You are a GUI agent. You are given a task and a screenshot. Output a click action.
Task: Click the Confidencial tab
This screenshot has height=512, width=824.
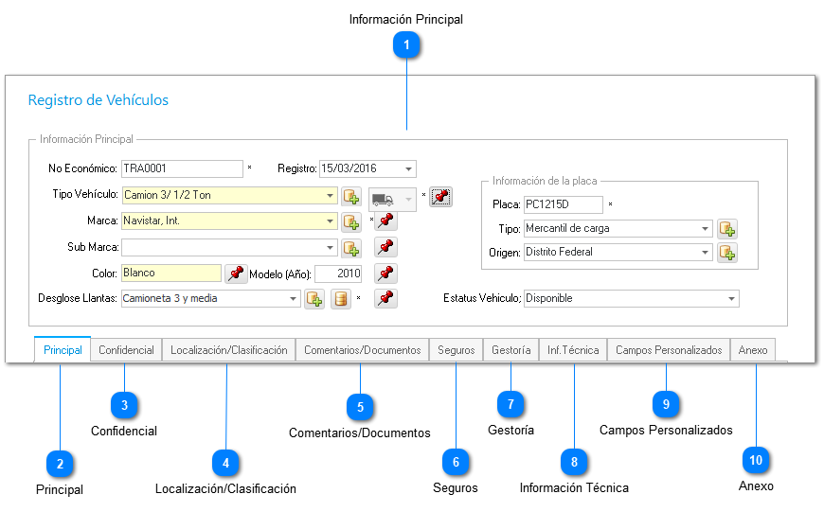126,350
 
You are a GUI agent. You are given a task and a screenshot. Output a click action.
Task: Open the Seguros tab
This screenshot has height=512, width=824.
457,350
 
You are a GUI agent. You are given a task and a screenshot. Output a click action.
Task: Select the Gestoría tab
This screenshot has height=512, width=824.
511,350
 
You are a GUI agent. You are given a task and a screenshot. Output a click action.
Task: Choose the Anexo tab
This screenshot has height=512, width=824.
753,350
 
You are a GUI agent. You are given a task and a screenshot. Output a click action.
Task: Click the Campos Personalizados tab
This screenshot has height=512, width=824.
669,350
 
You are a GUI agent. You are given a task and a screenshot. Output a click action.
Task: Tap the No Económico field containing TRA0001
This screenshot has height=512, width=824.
182,168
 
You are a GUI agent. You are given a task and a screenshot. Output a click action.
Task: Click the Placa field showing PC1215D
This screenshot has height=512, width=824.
563,204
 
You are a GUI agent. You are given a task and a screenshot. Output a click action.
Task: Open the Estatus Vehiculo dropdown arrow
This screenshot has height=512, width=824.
731,299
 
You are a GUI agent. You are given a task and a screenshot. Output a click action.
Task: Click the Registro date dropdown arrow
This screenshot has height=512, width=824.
408,169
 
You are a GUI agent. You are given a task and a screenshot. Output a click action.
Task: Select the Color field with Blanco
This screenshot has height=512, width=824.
170,274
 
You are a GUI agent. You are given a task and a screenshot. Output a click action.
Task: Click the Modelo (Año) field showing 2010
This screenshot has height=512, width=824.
338,274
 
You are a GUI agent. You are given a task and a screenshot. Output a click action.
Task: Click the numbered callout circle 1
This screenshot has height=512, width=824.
406,45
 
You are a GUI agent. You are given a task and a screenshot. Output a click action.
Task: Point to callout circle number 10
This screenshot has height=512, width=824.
756,461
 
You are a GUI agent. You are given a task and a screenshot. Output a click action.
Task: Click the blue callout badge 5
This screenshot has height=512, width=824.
360,407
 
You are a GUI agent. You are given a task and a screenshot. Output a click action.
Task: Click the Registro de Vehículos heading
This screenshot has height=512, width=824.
99,100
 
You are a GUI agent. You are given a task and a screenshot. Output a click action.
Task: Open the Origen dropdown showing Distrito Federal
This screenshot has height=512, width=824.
618,252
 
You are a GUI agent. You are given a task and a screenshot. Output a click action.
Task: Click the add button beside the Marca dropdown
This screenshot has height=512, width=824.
351,221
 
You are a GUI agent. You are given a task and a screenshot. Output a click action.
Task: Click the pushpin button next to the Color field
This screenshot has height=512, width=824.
236,274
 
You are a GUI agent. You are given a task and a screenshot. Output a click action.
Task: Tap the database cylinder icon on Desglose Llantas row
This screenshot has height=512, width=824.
341,299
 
